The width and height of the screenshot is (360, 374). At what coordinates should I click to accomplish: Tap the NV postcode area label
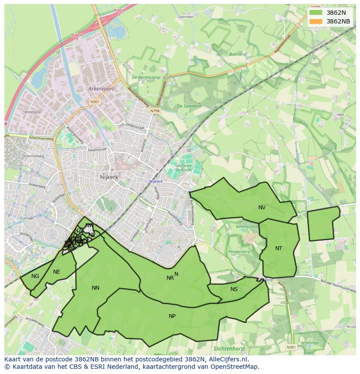(x=262, y=208)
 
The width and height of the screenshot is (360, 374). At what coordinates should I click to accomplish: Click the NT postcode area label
(x=279, y=248)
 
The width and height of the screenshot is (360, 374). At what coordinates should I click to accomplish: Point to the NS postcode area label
(x=234, y=289)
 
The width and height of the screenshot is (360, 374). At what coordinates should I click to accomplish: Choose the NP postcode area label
(x=172, y=316)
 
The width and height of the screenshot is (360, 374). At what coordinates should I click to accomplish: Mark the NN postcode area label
(x=96, y=288)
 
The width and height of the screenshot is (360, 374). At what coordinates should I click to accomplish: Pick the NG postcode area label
(x=35, y=276)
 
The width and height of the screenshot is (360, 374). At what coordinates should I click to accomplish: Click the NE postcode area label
(x=57, y=272)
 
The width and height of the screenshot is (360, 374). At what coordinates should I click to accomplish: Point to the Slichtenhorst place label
(x=229, y=349)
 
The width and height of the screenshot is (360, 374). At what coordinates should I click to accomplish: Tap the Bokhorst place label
(x=238, y=54)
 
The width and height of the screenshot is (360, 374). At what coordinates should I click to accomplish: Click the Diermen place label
(x=186, y=17)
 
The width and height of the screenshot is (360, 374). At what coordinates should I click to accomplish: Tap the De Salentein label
(x=189, y=106)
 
